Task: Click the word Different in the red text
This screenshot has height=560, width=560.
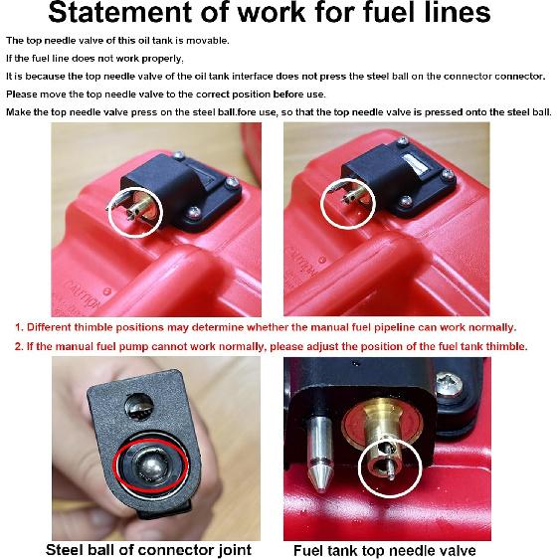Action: [x=59, y=327]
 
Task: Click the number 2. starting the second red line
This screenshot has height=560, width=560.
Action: [x=19, y=346]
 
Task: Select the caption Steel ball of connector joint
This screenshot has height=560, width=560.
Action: [x=148, y=550]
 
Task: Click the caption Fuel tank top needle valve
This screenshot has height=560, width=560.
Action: [x=384, y=550]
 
